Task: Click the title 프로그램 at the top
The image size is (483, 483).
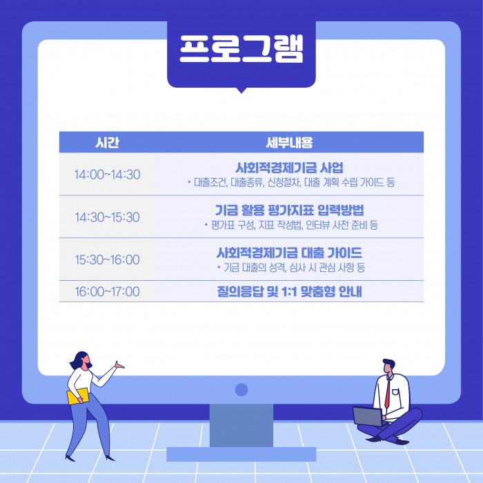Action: [x=241, y=49]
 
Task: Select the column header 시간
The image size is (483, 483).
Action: [x=107, y=143]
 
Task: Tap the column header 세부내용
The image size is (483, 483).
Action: [x=289, y=143]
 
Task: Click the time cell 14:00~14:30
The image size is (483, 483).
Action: [x=107, y=175]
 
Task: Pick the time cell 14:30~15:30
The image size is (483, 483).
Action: [x=107, y=217]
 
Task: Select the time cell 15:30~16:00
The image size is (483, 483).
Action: [x=107, y=259]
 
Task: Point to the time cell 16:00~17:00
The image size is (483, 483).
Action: [x=107, y=291]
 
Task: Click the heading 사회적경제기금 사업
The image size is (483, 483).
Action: [x=289, y=168]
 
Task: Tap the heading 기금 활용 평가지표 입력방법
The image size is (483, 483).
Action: [x=289, y=210]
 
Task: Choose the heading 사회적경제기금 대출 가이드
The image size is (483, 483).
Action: [x=289, y=253]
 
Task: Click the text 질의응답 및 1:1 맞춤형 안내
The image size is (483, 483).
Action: [x=289, y=291]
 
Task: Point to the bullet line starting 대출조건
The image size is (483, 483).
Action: [x=291, y=183]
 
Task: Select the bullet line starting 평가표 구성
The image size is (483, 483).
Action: [x=291, y=225]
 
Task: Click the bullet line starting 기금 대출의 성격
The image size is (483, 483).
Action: [x=291, y=268]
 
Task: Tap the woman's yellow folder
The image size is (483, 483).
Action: [x=78, y=397]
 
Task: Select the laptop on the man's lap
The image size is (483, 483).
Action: [x=368, y=417]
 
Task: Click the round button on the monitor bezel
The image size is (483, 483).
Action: [x=241, y=390]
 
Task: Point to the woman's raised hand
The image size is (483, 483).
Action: [x=119, y=365]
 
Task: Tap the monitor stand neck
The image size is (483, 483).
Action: [x=241, y=426]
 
